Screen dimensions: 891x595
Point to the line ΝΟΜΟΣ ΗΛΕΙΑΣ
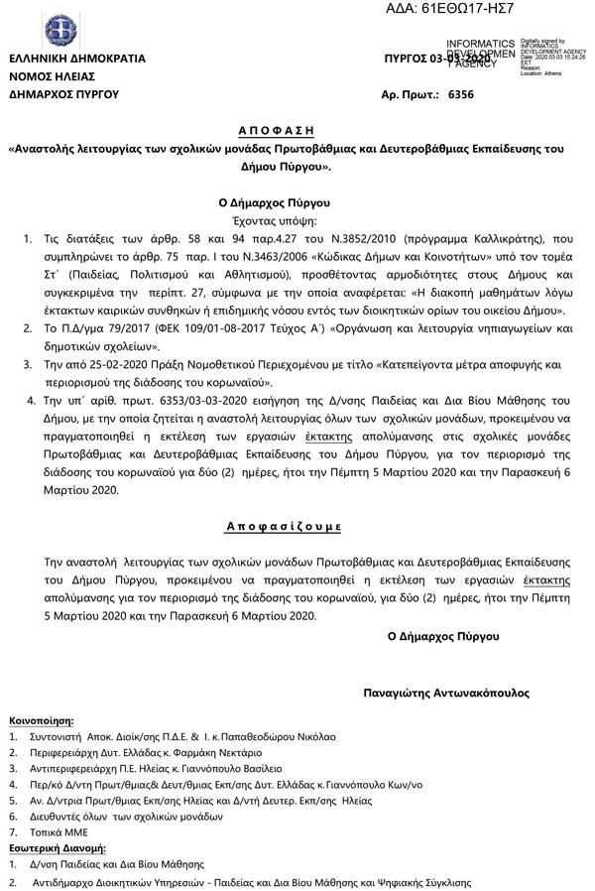(52, 76)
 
